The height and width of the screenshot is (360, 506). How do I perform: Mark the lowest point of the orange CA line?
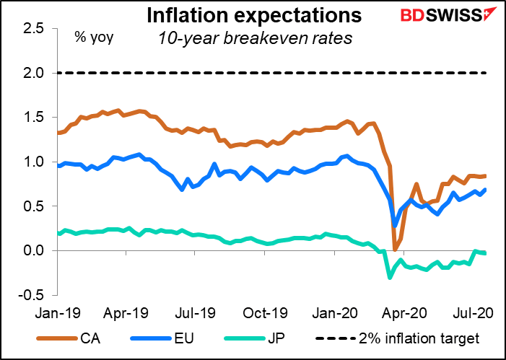click(x=395, y=249)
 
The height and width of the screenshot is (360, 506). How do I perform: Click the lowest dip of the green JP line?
click(x=391, y=278)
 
